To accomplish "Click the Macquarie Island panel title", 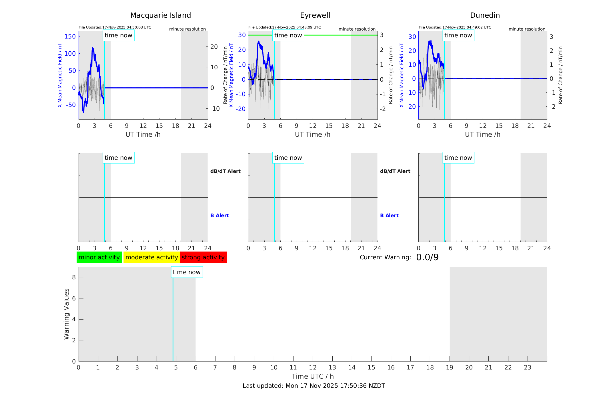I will pos(160,15).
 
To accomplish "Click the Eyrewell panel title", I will pos(315,15).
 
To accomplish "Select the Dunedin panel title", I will pos(485,15).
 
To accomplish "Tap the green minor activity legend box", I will pos(99,257).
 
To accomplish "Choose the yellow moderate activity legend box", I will pos(151,257).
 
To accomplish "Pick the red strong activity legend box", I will pos(203,257).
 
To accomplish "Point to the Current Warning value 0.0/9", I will pos(427,257).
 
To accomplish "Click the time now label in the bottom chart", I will pos(187,272).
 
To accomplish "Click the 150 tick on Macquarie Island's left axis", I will pos(70,37).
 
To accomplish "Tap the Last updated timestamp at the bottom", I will pos(314,386).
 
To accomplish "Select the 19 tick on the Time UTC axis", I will pos(450,367).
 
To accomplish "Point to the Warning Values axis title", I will pos(67,314).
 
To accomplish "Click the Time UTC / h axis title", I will pos(313,376).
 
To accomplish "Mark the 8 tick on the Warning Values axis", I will pos(74,277).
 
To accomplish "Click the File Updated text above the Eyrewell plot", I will pos(284,27).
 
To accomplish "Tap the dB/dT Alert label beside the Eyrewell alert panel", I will pos(395,171).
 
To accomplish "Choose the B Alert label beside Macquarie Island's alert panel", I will pos(219,215).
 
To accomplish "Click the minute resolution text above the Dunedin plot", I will pos(527,29).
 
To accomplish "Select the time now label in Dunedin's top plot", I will pos(458,35).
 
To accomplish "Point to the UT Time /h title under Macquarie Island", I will pos(143,134).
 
